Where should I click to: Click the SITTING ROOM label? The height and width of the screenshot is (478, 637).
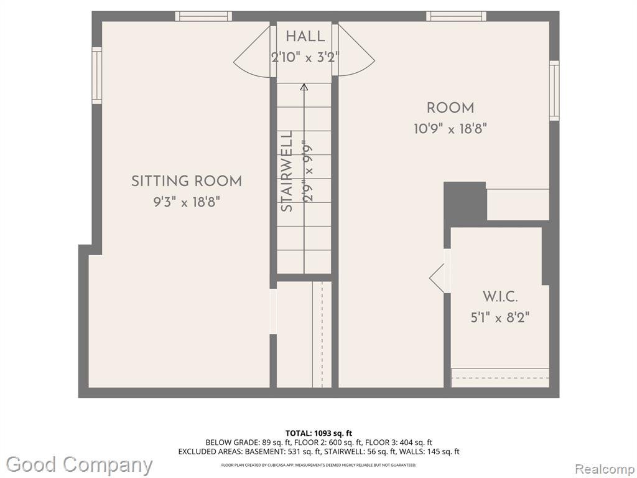[x=187, y=181]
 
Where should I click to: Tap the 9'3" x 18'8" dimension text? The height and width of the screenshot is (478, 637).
[x=187, y=202]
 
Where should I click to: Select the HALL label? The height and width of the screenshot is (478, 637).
[x=305, y=36]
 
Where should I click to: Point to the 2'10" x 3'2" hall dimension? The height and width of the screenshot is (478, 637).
[x=305, y=57]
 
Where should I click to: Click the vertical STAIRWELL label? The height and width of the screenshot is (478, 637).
[x=287, y=171]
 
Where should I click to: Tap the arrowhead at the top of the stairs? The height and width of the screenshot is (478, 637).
[x=304, y=87]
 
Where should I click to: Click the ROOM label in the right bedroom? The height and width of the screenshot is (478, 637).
[x=450, y=108]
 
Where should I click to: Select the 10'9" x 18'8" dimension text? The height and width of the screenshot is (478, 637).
[x=450, y=129]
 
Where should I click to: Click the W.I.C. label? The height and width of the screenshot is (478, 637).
[x=500, y=296]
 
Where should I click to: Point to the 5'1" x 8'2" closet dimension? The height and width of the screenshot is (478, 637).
[x=500, y=317]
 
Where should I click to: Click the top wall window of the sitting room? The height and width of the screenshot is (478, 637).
[x=203, y=16]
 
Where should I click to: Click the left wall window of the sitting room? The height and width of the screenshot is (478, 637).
[x=96, y=75]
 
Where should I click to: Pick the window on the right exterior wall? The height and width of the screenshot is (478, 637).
[x=554, y=91]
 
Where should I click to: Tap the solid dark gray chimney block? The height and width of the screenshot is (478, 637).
[x=465, y=202]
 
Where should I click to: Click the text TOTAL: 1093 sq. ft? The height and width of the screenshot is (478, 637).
[x=315, y=433]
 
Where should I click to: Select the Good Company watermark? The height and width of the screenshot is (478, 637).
[x=80, y=465]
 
